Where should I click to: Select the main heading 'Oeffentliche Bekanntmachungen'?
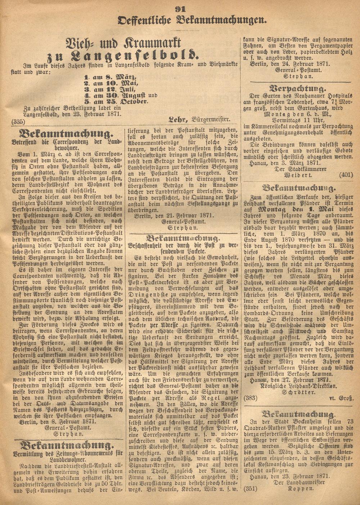click(x=192, y=21)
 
